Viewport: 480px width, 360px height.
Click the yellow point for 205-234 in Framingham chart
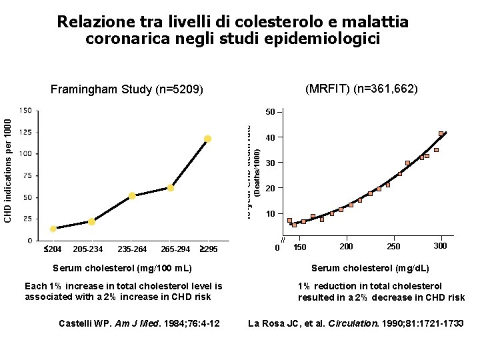(91, 222)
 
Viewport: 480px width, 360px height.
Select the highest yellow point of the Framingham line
(208, 139)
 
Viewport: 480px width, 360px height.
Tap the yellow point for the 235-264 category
(133, 196)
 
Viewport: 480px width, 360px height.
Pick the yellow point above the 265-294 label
(171, 188)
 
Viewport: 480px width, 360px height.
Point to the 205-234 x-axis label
(88, 249)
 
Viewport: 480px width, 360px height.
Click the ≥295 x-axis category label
(209, 249)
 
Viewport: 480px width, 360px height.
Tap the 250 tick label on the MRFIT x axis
(393, 247)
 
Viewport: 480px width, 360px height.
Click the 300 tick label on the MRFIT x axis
(440, 247)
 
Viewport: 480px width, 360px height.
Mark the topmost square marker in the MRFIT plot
(441, 134)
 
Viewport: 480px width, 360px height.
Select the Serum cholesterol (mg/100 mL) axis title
(123, 268)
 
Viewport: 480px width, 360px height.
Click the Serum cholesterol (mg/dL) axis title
(370, 268)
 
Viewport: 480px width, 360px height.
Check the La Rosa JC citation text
(355, 324)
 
